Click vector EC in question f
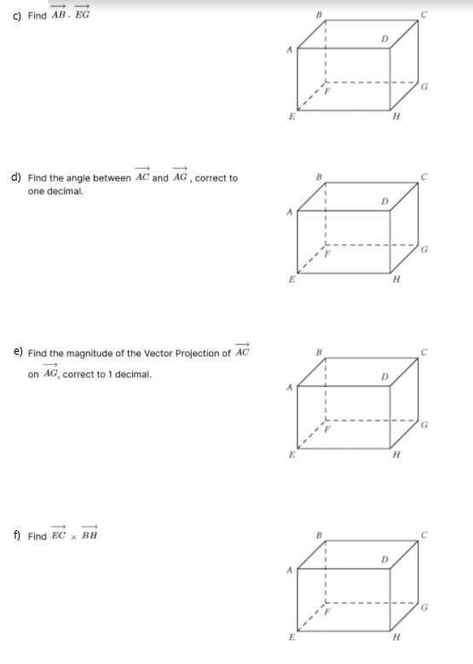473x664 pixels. (x=59, y=536)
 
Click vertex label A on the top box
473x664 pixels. (x=288, y=49)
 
